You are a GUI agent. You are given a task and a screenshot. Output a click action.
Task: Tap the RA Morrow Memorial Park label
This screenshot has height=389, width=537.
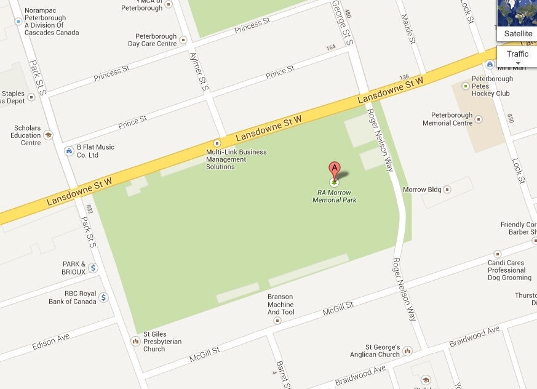pos(334,196)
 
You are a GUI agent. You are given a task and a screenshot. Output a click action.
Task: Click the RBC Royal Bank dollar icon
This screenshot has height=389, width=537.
pos(103,298)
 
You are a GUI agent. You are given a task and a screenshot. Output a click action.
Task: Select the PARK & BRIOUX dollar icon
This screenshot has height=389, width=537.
pos(93,268)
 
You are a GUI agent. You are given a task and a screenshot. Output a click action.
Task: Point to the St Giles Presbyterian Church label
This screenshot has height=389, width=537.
pos(162,342)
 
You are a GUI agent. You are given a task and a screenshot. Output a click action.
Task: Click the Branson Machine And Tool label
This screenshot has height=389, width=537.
pos(280,304)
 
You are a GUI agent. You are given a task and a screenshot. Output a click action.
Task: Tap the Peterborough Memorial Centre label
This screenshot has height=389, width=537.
pos(447,119)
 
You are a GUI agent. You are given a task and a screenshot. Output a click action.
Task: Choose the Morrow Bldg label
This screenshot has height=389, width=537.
pos(422,190)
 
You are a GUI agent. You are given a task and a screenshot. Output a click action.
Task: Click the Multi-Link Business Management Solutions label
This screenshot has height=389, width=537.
pos(236,159)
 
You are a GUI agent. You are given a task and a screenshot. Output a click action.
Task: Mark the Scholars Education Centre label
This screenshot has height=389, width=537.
pos(26,135)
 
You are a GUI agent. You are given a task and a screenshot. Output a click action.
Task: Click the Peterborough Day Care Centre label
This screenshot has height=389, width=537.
pos(152,40)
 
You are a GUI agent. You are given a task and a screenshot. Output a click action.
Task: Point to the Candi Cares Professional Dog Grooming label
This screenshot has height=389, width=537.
pos(506,270)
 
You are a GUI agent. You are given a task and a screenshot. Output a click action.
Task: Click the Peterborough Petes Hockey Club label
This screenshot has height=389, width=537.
pos(491,86)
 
